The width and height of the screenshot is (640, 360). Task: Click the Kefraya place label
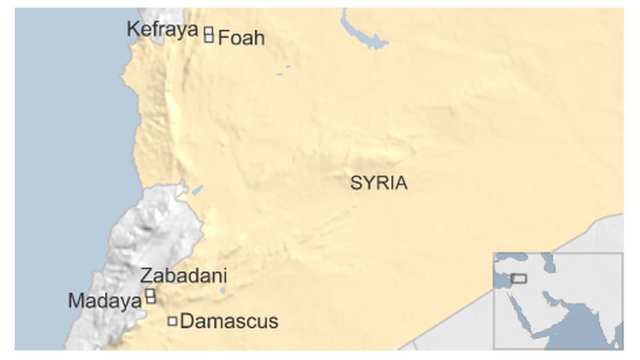point(162,30)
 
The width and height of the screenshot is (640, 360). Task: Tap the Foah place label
point(241,38)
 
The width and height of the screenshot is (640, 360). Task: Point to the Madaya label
point(105,301)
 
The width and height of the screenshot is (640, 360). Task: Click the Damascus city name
point(229,321)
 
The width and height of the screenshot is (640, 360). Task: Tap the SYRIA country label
point(378,183)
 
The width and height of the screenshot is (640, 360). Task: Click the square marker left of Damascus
point(172,321)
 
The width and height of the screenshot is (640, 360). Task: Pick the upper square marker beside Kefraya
point(209,30)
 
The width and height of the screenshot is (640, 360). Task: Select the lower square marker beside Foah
point(209,38)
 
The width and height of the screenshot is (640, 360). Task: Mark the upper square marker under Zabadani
point(150,293)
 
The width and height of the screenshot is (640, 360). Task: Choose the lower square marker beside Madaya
point(151,300)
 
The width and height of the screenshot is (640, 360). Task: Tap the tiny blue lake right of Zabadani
point(223,290)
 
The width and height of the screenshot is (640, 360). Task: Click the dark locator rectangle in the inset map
point(519,279)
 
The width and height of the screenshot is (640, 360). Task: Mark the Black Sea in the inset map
point(518,258)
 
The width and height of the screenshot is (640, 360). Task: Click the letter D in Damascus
point(186,321)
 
